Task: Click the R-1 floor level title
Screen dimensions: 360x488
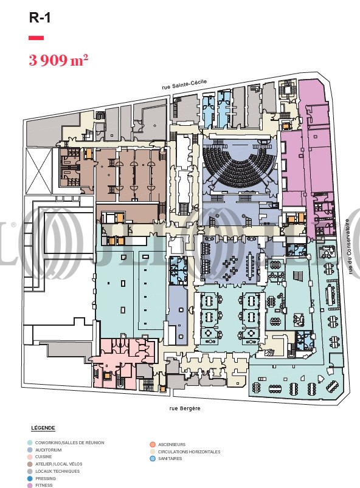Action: tap(40, 18)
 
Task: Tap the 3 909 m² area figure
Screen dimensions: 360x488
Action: tap(58, 60)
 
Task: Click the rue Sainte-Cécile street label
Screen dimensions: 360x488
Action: tap(184, 84)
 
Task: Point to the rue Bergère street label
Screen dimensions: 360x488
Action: tap(185, 408)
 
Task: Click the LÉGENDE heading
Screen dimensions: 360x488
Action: tap(43, 428)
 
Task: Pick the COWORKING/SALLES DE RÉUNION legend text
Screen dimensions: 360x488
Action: tap(69, 442)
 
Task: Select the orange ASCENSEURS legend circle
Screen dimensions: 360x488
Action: tap(152, 444)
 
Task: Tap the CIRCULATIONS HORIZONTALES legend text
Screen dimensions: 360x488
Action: tap(189, 452)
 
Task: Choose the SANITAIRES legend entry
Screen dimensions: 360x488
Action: tap(170, 458)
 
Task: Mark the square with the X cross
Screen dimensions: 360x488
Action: tap(39, 171)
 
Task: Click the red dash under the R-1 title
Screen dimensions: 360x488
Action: tap(36, 38)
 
